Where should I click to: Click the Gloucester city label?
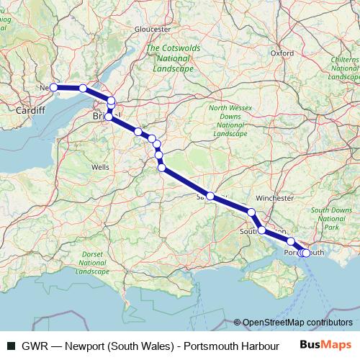click(x=153, y=29)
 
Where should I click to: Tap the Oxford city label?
click(x=282, y=53)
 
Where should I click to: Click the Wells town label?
click(x=99, y=166)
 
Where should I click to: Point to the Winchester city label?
click(x=275, y=197)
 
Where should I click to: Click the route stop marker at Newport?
click(x=53, y=88)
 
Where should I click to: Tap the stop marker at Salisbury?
click(x=210, y=196)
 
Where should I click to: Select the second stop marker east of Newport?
click(x=110, y=100)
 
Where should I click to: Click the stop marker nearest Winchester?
click(x=251, y=212)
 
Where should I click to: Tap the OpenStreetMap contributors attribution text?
click(x=297, y=323)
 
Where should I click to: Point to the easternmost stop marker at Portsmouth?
click(x=307, y=253)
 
